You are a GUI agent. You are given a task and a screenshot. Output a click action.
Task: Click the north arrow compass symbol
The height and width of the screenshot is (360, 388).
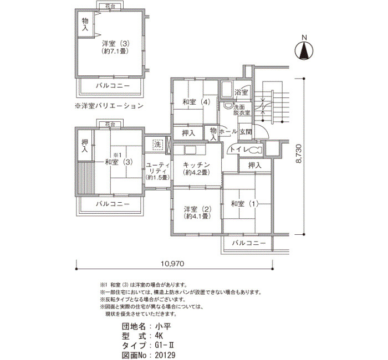[304, 51]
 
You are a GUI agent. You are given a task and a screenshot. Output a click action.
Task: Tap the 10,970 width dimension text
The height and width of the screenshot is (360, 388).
[172, 264]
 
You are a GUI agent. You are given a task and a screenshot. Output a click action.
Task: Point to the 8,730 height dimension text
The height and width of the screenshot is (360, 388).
[299, 153]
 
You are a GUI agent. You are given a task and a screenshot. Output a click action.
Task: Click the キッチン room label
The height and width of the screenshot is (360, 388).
[196, 164]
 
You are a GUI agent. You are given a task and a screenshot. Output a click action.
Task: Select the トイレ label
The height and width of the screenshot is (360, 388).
[239, 150]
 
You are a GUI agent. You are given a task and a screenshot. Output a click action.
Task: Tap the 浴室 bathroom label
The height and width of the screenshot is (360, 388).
[241, 92]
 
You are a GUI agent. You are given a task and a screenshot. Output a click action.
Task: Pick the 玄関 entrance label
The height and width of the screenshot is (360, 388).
[246, 132]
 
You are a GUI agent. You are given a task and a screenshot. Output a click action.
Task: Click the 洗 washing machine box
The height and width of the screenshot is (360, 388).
[157, 144]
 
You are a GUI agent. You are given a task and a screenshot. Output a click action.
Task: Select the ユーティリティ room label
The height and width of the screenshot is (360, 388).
[157, 168]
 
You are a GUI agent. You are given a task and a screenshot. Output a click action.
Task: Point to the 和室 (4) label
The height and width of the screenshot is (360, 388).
[196, 101]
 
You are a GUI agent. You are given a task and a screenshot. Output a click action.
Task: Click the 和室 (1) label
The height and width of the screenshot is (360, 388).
[244, 204]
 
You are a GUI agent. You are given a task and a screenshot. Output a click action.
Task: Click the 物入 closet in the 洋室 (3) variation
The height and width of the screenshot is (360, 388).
[85, 24]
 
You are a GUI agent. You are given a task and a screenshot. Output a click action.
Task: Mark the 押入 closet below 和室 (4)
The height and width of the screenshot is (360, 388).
[188, 133]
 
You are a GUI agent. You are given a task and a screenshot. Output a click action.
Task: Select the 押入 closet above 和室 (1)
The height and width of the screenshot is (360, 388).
[254, 165]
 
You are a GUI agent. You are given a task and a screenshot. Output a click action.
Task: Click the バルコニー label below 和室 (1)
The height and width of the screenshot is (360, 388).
[249, 243]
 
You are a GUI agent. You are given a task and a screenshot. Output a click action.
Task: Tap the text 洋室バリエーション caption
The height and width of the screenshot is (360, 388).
[109, 106]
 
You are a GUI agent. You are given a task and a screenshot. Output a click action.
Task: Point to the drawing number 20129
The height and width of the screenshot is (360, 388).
[165, 356]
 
